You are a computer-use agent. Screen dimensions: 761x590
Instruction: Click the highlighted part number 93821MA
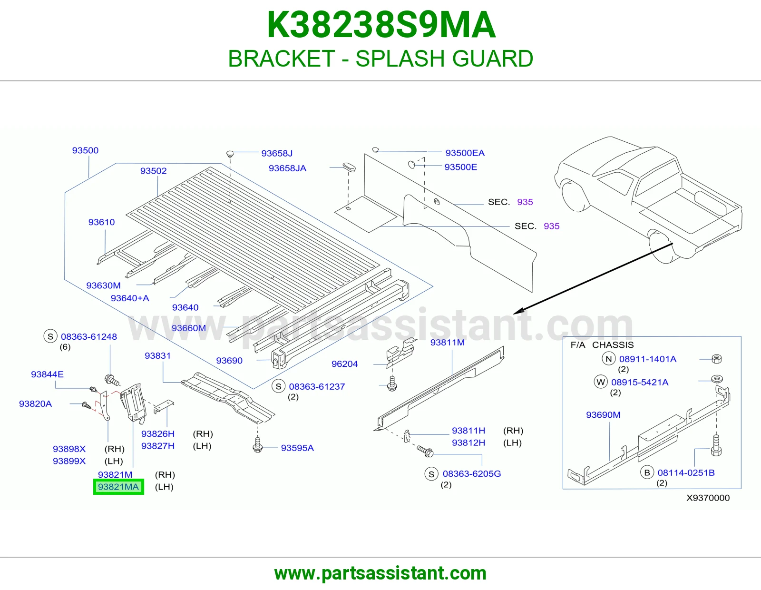(x=118, y=487)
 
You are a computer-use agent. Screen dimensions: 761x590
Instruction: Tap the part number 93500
(x=85, y=150)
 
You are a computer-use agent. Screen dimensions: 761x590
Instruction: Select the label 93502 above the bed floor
(x=154, y=171)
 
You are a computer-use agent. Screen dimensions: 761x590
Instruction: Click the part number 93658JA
(x=287, y=168)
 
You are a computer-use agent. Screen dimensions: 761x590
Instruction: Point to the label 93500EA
(x=465, y=153)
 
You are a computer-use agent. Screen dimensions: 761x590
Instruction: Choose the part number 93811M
(x=447, y=342)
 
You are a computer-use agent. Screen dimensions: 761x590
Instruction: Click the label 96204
(x=345, y=364)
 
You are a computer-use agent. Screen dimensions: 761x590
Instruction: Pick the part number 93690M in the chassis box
(x=603, y=414)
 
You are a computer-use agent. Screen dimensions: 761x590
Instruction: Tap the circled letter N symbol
(x=609, y=358)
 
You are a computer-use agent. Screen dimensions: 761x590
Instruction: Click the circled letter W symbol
(x=601, y=382)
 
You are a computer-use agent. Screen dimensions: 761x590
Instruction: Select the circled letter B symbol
(x=647, y=472)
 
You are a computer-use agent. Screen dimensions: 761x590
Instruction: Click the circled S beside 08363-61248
(x=50, y=336)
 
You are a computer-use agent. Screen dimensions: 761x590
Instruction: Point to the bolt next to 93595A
(x=258, y=444)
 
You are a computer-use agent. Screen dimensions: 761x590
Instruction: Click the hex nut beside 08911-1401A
(x=716, y=359)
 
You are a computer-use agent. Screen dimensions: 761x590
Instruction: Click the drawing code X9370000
(x=708, y=498)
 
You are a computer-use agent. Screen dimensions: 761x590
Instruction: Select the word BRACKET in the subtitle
(x=282, y=59)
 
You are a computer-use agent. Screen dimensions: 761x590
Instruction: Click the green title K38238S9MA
(x=380, y=25)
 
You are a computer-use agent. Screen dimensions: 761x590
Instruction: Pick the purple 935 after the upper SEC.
(x=525, y=202)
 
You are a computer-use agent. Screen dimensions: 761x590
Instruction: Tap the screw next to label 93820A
(x=86, y=405)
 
